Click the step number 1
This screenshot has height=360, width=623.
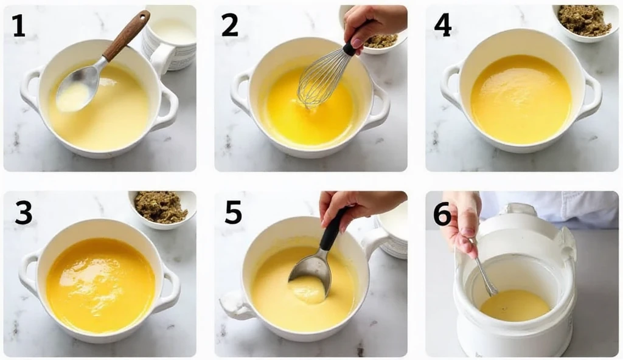(x=19, y=26)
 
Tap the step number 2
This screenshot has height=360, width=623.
(x=229, y=25)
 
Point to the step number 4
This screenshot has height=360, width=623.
(x=443, y=26)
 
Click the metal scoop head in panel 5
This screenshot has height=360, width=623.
(x=311, y=272)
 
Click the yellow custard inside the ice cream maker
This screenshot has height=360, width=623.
(x=515, y=305)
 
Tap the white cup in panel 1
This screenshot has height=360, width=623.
(x=170, y=38)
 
